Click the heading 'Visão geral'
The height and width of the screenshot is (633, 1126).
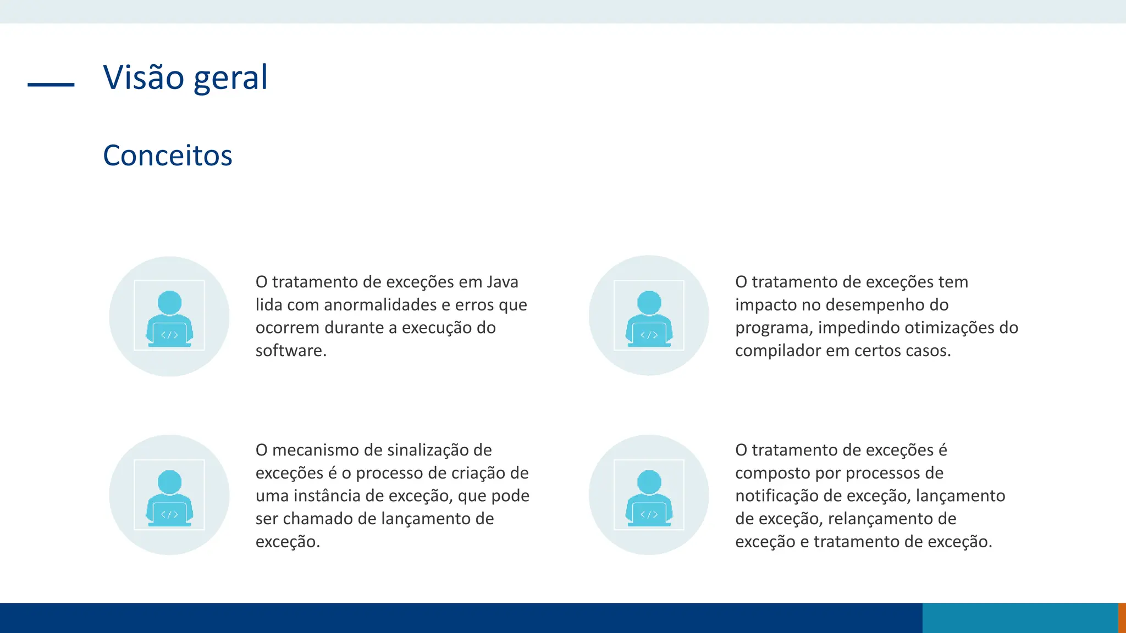[185, 77]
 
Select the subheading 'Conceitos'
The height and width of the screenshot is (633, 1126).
[168, 156]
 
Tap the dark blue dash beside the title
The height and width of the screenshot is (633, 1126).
[51, 85]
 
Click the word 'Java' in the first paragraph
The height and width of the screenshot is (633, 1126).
[503, 282]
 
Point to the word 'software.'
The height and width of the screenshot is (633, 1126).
[291, 351]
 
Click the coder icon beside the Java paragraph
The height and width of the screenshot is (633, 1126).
[169, 316]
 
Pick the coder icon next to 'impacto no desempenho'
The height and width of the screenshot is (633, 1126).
[649, 316]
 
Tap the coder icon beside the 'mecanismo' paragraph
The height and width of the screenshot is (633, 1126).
[169, 495]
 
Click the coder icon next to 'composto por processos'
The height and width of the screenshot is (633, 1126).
[649, 495]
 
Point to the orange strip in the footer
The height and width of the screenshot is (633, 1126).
[1122, 618]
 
